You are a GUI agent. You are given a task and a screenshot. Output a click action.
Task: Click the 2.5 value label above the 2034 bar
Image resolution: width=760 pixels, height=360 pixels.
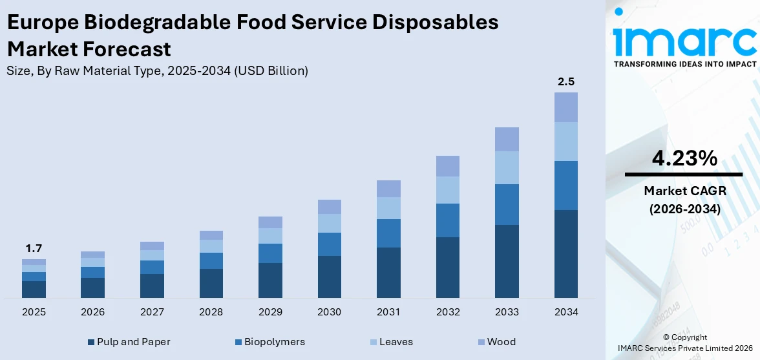[565, 82]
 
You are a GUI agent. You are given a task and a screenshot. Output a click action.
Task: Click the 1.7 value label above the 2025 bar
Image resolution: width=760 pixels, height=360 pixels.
[34, 248]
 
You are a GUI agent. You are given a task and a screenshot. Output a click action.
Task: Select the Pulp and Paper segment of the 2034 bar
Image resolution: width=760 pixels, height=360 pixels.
[565, 253]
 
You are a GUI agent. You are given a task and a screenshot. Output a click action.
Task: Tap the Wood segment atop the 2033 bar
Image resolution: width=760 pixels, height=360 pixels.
[507, 139]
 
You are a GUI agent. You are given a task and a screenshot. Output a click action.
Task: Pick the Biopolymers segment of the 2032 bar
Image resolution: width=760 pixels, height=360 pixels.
[447, 220]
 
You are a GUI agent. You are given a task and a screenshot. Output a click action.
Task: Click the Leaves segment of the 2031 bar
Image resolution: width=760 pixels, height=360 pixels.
[388, 208]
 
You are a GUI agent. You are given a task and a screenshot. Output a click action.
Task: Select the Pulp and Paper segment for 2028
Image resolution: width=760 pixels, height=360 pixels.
[211, 283]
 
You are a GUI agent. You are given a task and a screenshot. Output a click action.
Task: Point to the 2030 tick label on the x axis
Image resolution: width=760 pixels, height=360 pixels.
[329, 312]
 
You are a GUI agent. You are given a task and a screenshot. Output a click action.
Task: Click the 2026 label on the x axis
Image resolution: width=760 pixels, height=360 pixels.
[92, 312]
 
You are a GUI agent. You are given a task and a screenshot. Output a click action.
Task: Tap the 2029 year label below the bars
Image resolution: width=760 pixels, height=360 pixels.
[270, 312]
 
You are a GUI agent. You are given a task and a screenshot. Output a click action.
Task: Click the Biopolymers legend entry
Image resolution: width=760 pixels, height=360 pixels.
[269, 342]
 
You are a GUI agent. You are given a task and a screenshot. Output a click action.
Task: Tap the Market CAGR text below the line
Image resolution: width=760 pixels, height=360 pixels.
[683, 191]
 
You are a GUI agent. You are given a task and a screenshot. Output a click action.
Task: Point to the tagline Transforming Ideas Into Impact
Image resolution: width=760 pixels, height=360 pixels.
[683, 64]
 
